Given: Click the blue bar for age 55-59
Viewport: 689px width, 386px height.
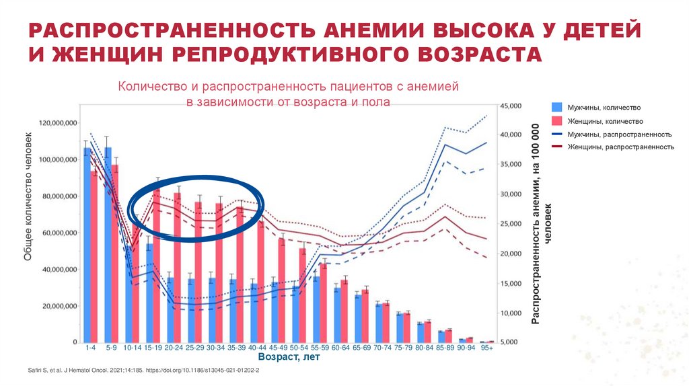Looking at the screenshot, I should pyautogui.click(x=316, y=309).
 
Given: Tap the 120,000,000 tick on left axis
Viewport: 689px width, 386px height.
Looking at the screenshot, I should pyautogui.click(x=58, y=124).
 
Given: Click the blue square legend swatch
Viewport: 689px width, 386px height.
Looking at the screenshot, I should pyautogui.click(x=556, y=107).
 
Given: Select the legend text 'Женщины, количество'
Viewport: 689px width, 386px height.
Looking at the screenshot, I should pyautogui.click(x=605, y=122).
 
